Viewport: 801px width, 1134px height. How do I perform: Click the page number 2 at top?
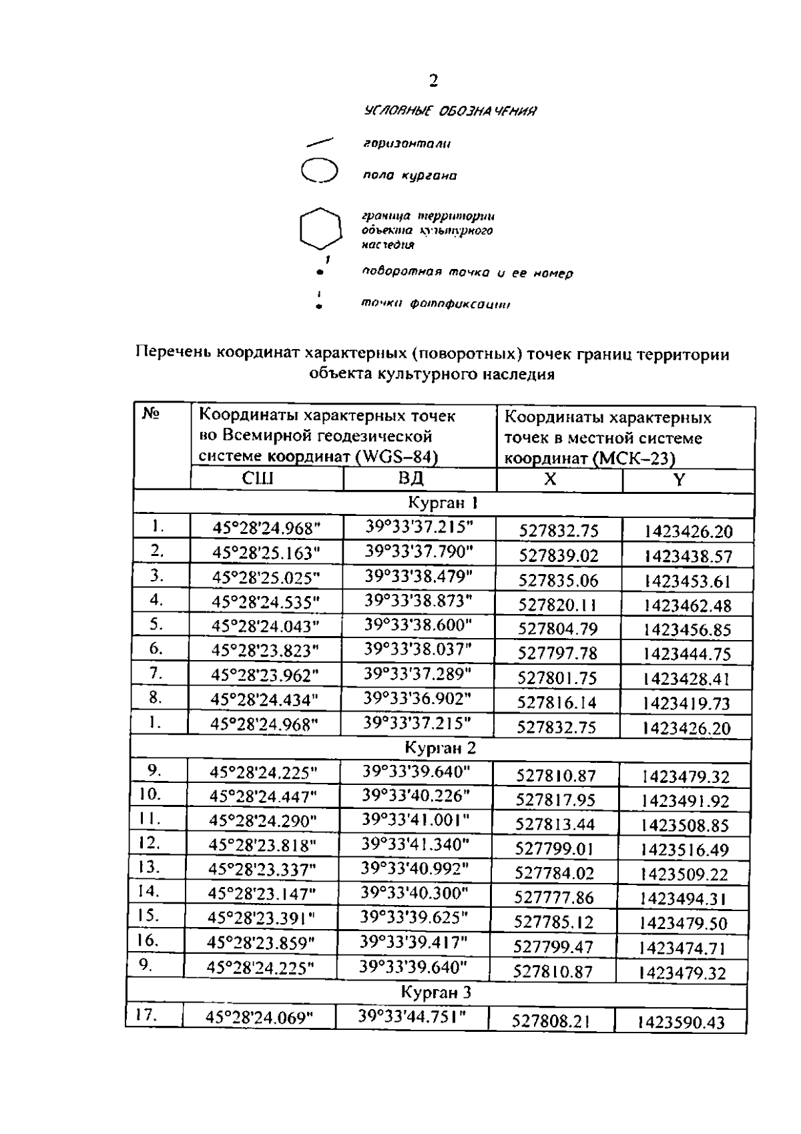(433, 81)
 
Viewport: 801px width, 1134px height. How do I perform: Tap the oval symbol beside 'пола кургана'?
(320, 171)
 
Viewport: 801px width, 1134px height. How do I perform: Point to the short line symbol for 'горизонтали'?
(320, 142)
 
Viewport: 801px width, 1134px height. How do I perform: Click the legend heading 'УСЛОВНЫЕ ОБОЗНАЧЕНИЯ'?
(451, 111)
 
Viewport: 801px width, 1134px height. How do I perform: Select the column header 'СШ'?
(257, 479)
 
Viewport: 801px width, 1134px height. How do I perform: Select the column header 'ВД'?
(410, 479)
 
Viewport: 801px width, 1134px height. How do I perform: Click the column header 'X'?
(549, 479)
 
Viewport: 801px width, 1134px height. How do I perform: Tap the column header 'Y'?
(679, 480)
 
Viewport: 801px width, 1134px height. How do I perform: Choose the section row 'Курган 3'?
(436, 993)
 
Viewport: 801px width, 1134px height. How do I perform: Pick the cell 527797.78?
(557, 653)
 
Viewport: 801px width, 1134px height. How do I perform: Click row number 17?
(146, 1015)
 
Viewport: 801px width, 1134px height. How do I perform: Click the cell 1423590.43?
(680, 1023)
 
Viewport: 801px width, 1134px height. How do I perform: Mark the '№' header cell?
(152, 414)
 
